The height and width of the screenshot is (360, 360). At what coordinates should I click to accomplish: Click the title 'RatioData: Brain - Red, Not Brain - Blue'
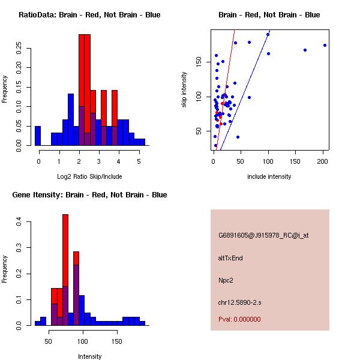89,15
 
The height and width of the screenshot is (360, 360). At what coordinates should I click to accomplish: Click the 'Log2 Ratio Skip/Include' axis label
89,176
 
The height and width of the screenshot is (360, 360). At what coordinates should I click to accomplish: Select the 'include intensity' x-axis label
269,176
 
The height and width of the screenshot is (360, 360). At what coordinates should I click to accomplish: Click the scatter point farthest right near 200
325,45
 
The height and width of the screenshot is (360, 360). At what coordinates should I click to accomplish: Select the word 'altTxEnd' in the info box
230,258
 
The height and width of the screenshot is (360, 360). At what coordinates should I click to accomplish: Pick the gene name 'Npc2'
226,280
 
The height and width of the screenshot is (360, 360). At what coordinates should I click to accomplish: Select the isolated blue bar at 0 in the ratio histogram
38,136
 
